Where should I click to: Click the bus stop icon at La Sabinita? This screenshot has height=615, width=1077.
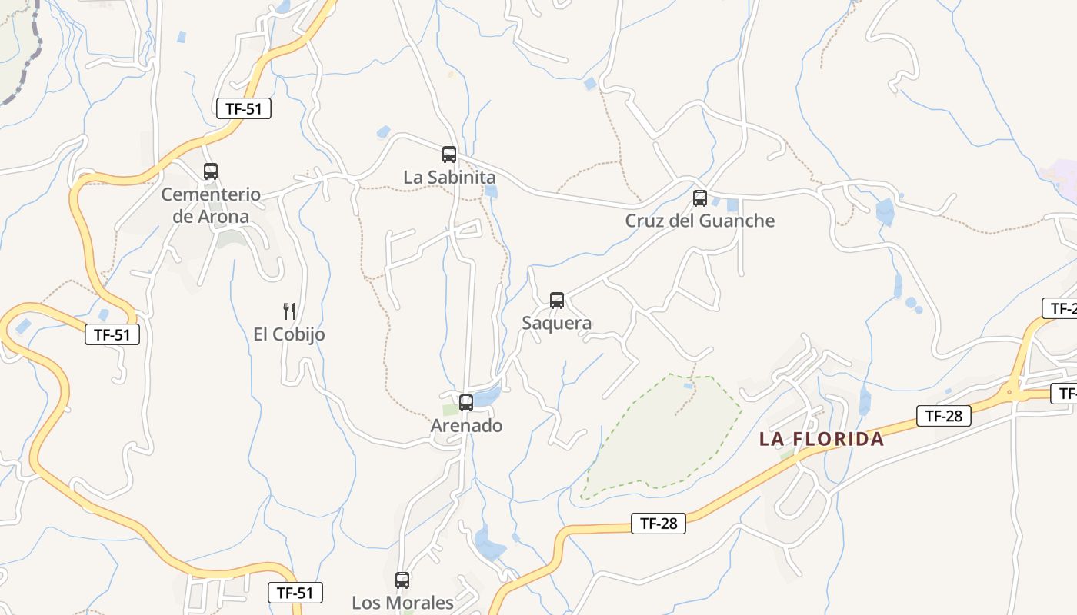tap(449, 154)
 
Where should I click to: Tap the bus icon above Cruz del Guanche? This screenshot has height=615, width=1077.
tap(700, 198)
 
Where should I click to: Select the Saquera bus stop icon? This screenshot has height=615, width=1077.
tap(557, 300)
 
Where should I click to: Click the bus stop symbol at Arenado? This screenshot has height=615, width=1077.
tap(466, 402)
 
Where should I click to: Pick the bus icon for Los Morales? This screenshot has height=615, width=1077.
tap(402, 580)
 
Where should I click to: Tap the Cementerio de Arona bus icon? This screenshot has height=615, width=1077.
tap(211, 171)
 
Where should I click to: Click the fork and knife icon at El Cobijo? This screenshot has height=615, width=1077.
tap(289, 311)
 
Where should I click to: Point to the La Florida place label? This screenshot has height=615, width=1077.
tap(822, 439)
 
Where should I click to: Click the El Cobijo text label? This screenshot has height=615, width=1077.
tap(289, 334)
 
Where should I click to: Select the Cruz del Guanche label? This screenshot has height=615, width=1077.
tap(699, 221)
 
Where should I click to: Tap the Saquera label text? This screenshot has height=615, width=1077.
tap(557, 323)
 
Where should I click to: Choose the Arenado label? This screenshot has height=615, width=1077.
tap(466, 425)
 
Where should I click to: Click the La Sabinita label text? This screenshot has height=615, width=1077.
tap(449, 178)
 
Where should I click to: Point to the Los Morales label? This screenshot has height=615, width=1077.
tap(402, 603)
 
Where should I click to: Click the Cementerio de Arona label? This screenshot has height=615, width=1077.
tap(211, 205)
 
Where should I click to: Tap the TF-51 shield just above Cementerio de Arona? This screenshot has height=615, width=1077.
tap(244, 108)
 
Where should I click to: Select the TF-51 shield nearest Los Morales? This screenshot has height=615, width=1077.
tap(295, 593)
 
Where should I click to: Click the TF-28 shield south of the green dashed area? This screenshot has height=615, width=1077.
tap(659, 524)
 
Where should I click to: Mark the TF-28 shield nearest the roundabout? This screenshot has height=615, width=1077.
tap(944, 416)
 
